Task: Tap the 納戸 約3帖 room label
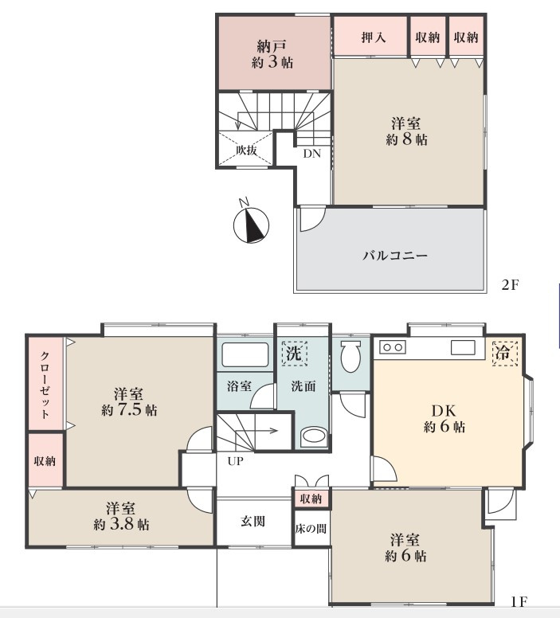(272, 53)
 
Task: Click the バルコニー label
(396, 256)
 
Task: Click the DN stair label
(311, 154)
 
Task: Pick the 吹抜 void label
(246, 150)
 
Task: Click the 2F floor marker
(510, 285)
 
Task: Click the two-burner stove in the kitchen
(393, 347)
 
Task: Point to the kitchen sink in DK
(463, 347)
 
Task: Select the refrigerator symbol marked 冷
(503, 352)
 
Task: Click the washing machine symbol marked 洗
(294, 353)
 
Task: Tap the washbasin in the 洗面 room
(315, 437)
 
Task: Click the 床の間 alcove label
(310, 529)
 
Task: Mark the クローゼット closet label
(45, 385)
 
